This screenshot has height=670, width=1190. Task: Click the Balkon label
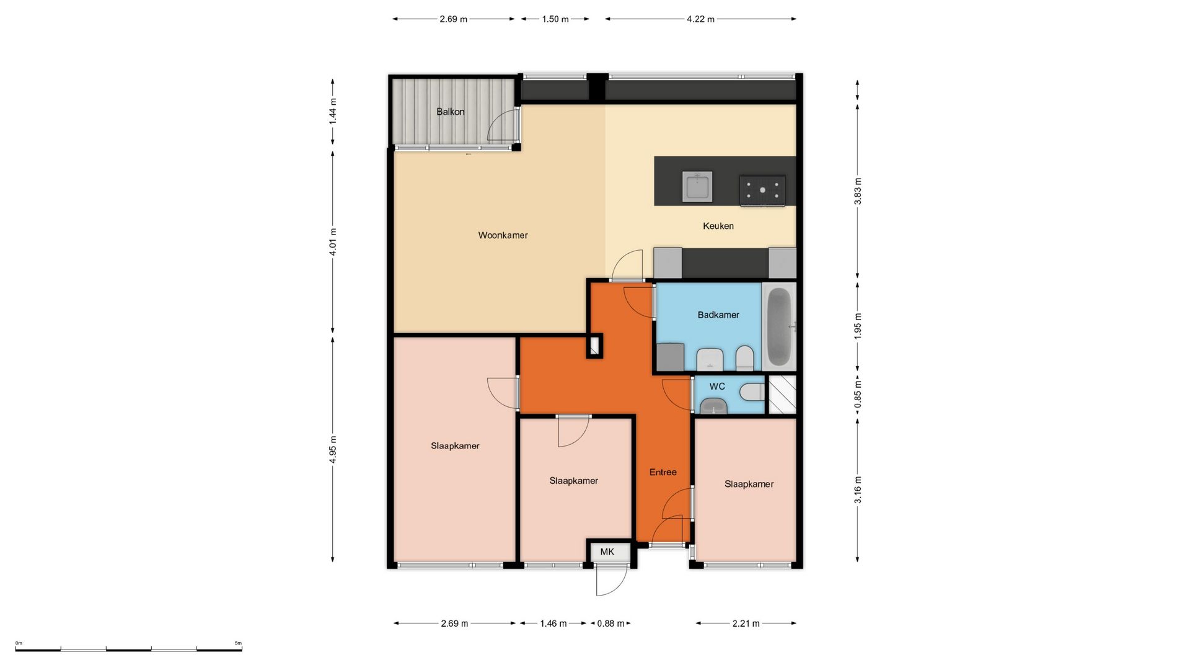pyautogui.click(x=450, y=112)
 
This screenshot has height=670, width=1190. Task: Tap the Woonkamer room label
pyautogui.click(x=503, y=235)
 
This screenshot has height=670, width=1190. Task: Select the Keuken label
pyautogui.click(x=718, y=226)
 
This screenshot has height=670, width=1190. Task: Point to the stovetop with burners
pyautogui.click(x=762, y=190)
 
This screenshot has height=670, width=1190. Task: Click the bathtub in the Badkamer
pyautogui.click(x=779, y=326)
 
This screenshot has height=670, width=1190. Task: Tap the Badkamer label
pyautogui.click(x=718, y=315)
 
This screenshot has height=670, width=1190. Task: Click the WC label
pyautogui.click(x=717, y=386)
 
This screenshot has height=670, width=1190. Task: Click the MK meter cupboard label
pyautogui.click(x=607, y=552)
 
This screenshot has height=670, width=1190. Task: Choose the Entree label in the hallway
pyautogui.click(x=663, y=472)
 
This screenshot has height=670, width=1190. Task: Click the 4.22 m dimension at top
pyautogui.click(x=700, y=19)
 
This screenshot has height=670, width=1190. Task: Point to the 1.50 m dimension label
pyautogui.click(x=555, y=19)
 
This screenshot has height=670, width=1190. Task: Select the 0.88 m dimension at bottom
pyautogui.click(x=610, y=623)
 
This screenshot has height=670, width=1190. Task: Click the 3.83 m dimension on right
pyautogui.click(x=858, y=190)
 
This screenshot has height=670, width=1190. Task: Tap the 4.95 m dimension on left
pyautogui.click(x=333, y=449)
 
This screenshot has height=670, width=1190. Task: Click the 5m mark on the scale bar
pyautogui.click(x=239, y=643)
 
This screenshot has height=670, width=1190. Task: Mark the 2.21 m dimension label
pyautogui.click(x=746, y=623)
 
